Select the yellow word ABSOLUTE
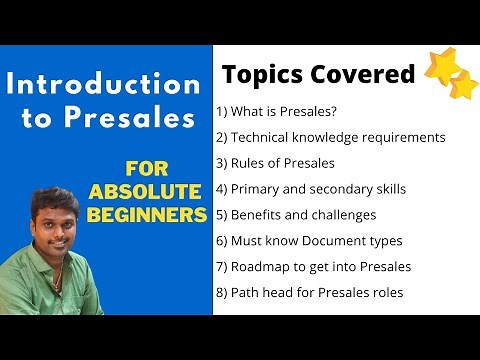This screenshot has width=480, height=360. [146, 191]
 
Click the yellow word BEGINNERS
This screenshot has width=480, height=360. [146, 215]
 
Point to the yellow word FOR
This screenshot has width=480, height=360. [146, 167]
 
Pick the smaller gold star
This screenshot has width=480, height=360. [464, 86]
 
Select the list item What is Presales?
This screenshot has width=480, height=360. [281, 111]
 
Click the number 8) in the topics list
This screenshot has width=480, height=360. [222, 293]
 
